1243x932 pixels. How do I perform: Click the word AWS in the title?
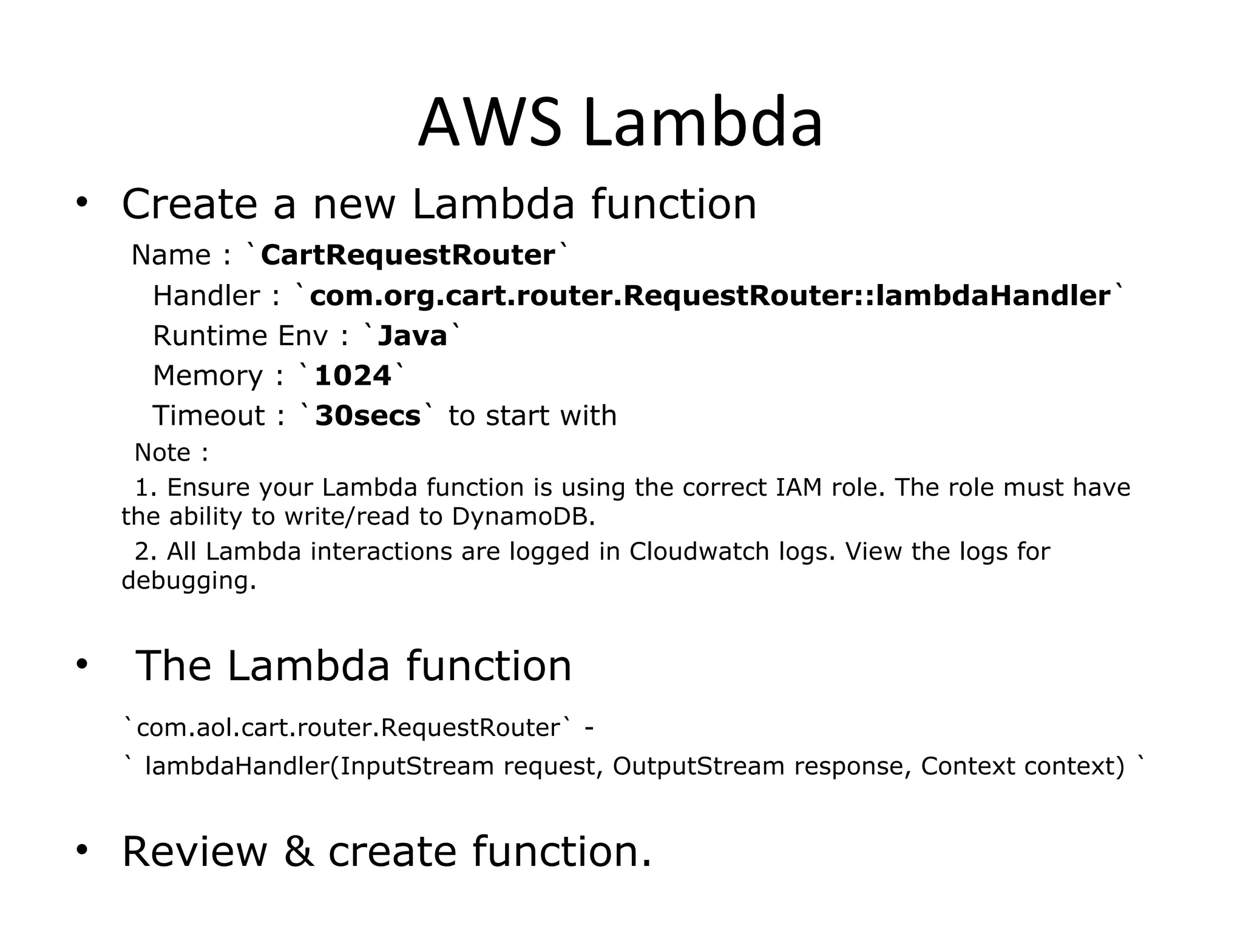489,123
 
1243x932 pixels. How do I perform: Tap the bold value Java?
412,336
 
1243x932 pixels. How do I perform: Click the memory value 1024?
353,376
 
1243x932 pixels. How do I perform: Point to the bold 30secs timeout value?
368,416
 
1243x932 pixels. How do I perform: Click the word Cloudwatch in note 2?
699,552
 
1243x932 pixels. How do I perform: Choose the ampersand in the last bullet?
299,851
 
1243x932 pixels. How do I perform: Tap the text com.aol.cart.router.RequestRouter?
348,728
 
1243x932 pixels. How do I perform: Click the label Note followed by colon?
163,453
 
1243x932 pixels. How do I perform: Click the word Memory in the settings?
208,376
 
